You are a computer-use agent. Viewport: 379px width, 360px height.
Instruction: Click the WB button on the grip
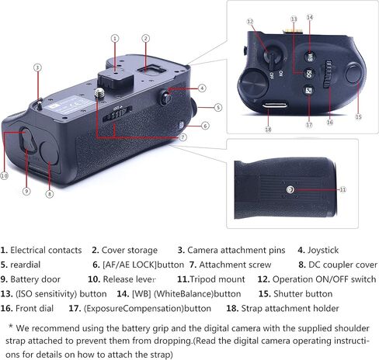pos(310,57)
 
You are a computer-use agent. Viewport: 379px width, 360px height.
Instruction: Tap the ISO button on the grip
pos(308,74)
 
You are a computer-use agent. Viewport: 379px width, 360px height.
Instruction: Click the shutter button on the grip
pos(353,74)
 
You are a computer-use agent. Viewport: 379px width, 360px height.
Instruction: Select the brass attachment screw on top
pos(99,92)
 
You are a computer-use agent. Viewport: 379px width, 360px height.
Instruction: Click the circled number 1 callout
pos(115,39)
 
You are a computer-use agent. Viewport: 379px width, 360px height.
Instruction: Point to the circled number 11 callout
pos(342,189)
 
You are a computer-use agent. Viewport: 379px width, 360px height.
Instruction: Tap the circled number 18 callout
pos(268,129)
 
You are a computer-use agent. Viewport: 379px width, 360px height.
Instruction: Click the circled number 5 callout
pos(218,107)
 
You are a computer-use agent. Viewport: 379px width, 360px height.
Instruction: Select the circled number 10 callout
pos(4,176)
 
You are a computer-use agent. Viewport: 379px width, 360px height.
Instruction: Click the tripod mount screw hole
pos(290,190)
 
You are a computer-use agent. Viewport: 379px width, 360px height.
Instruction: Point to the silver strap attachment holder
pos(275,105)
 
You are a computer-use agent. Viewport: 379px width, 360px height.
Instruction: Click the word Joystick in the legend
pos(323,250)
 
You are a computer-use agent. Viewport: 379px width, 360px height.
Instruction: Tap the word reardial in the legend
pos(26,265)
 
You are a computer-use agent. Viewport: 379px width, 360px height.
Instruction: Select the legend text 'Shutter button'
pos(303,294)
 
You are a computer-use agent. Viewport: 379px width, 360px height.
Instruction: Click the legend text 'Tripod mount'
pos(217,279)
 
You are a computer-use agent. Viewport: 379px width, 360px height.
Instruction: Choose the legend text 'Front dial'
pos(34,308)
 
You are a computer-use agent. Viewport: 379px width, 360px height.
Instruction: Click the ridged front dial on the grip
pos(328,74)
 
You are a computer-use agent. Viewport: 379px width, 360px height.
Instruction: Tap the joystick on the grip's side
pos(166,98)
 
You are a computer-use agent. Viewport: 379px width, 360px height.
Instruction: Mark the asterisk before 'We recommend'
pos(11,326)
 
